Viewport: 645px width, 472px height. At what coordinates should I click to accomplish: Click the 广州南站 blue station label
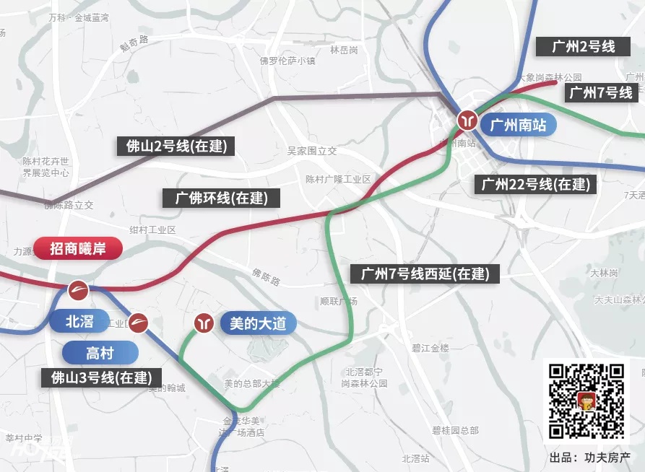pyautogui.click(x=518, y=125)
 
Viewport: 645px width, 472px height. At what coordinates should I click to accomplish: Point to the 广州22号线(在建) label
pyautogui.click(x=536, y=184)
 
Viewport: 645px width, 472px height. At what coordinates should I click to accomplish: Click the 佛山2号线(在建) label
pyautogui.click(x=176, y=147)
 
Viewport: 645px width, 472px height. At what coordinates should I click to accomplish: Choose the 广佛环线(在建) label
pyautogui.click(x=221, y=198)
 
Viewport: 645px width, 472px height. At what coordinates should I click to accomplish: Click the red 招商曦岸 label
pyautogui.click(x=78, y=249)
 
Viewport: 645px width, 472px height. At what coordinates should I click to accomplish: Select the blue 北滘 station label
pyautogui.click(x=79, y=321)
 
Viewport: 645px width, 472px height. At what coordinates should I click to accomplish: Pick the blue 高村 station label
pyautogui.click(x=100, y=353)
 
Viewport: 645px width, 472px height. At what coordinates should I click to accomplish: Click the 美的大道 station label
pyautogui.click(x=257, y=323)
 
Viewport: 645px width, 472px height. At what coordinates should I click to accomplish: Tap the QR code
pyautogui.click(x=586, y=401)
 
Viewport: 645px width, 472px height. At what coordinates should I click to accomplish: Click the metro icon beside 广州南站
pyautogui.click(x=467, y=119)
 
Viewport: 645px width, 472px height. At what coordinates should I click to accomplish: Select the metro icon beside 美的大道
pyautogui.click(x=205, y=323)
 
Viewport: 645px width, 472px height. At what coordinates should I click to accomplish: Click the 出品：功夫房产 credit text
pyautogui.click(x=589, y=458)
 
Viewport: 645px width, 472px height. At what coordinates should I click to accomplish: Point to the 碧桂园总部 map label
pyautogui.click(x=455, y=430)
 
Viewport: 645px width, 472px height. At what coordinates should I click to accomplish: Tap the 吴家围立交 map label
pyautogui.click(x=312, y=151)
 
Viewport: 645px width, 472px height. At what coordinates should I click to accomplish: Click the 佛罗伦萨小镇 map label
pyautogui.click(x=287, y=61)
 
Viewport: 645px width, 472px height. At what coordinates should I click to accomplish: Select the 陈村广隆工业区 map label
pyautogui.click(x=337, y=179)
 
